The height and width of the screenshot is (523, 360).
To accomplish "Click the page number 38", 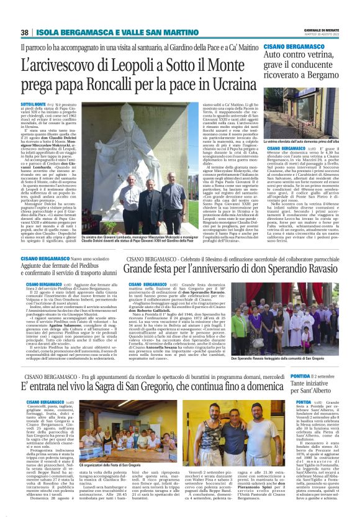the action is pos(24,32).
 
